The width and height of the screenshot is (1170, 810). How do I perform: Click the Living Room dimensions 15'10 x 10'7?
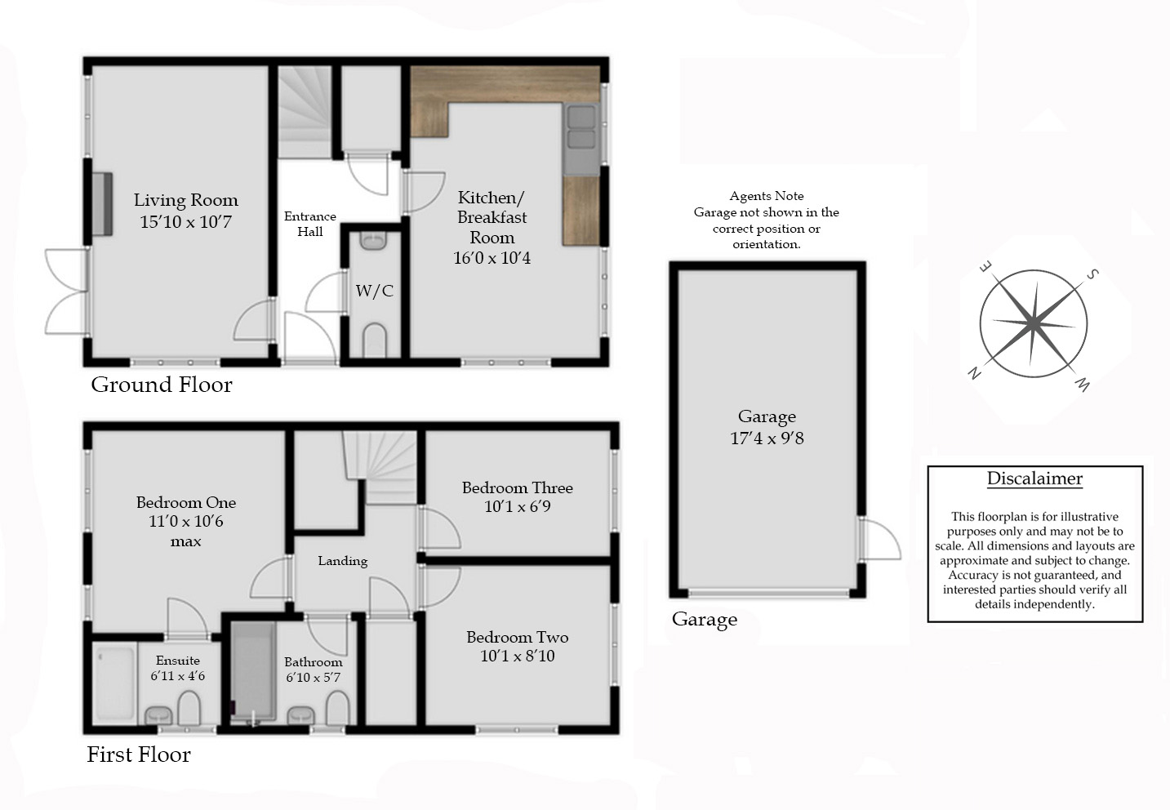click(x=185, y=222)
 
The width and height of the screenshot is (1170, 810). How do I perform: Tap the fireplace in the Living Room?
click(x=102, y=203)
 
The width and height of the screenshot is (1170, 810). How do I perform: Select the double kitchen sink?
click(x=581, y=139)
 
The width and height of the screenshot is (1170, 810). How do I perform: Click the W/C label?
click(x=375, y=291)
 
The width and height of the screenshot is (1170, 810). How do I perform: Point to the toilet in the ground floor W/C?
click(x=374, y=340)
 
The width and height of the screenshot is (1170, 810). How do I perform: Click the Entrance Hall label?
click(x=309, y=224)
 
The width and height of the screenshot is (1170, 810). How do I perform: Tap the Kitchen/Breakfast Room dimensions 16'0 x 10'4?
click(x=492, y=258)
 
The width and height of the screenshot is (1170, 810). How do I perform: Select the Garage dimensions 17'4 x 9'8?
click(x=767, y=438)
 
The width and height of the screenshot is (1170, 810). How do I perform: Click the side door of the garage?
click(x=879, y=539)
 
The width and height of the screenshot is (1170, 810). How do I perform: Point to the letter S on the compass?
click(x=1092, y=274)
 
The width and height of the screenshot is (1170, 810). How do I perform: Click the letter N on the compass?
click(x=974, y=373)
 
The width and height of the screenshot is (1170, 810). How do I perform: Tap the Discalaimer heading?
click(x=1034, y=479)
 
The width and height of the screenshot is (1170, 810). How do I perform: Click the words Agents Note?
click(x=766, y=196)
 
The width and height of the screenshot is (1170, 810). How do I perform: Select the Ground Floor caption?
click(x=162, y=385)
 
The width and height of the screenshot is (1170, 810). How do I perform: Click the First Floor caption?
click(x=139, y=754)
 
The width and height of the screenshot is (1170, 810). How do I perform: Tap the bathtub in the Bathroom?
click(x=253, y=672)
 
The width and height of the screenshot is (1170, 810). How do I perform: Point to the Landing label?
click(x=343, y=561)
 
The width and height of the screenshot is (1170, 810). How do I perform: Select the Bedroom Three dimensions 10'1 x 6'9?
click(x=517, y=506)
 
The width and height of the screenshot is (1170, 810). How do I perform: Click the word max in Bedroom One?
click(x=185, y=541)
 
